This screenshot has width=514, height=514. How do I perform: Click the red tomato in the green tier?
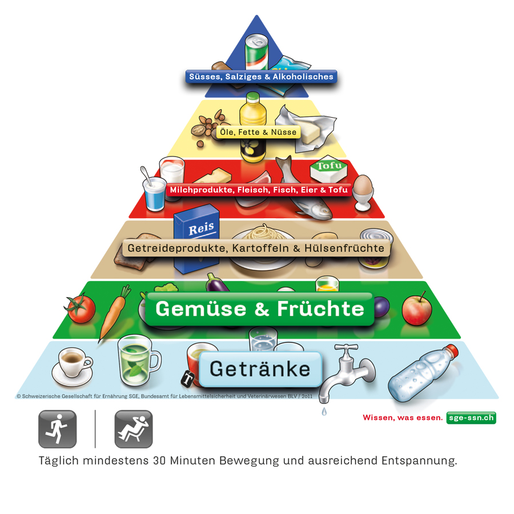[81, 308]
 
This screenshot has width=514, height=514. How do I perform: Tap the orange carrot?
[113, 313]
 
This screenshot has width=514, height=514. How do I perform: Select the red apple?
[417, 309]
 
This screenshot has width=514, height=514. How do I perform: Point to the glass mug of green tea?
[138, 360]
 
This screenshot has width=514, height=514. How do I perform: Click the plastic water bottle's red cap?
[451, 351]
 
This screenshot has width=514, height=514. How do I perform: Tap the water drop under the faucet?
[324, 411]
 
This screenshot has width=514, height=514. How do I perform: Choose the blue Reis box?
[196, 239]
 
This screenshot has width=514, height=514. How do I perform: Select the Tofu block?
[329, 169]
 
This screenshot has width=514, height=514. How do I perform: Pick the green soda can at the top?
[256, 52]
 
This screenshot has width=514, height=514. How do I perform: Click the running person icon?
[57, 429]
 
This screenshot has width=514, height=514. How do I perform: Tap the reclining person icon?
[134, 429]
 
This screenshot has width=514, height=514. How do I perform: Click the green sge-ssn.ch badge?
[471, 417]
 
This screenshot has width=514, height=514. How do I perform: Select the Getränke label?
[260, 369]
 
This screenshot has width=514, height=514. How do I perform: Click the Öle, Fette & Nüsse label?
[258, 132]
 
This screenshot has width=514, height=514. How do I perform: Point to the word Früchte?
[320, 309]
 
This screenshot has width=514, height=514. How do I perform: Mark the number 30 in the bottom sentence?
[159, 460]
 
